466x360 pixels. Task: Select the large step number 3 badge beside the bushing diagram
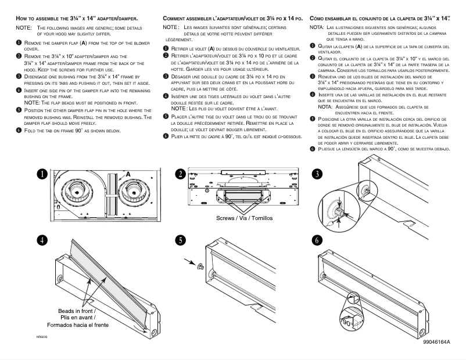(x=317, y=174)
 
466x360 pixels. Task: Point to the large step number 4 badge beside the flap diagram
(x=41, y=240)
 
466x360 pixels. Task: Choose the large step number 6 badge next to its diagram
(x=317, y=239)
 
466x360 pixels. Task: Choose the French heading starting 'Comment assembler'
(x=232, y=19)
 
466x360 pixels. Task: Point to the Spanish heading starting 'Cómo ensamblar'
(x=381, y=19)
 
